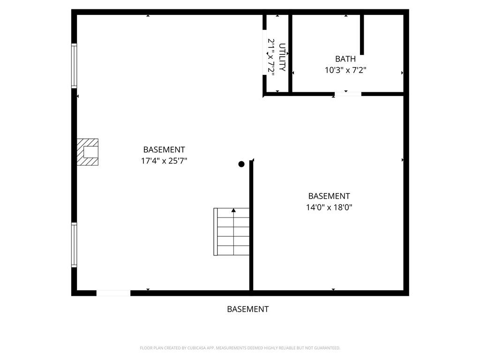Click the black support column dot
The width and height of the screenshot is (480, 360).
click(x=241, y=164)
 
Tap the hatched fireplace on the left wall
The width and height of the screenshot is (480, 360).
click(x=88, y=152)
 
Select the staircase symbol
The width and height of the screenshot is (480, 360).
click(x=232, y=232)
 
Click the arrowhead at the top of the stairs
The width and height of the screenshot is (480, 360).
click(x=233, y=210)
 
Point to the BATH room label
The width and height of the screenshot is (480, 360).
click(x=345, y=59)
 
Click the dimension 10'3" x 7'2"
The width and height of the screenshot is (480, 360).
click(x=345, y=70)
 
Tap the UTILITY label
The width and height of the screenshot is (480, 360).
click(x=282, y=57)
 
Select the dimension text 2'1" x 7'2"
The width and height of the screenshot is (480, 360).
click(x=271, y=56)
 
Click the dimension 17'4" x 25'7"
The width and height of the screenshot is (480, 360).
click(x=164, y=161)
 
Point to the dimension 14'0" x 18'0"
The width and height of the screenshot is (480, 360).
click(x=329, y=207)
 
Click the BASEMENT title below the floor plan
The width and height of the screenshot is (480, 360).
click(x=247, y=309)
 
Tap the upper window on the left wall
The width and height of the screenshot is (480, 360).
click(x=74, y=66)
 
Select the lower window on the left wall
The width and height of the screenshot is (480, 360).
click(x=74, y=245)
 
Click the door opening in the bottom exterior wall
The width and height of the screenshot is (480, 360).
click(x=113, y=293)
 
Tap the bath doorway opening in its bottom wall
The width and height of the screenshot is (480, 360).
click(x=348, y=94)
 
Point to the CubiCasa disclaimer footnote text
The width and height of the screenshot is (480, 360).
click(x=240, y=348)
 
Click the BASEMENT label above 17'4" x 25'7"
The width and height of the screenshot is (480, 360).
click(x=164, y=150)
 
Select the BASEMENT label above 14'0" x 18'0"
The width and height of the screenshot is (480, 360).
click(x=329, y=196)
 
